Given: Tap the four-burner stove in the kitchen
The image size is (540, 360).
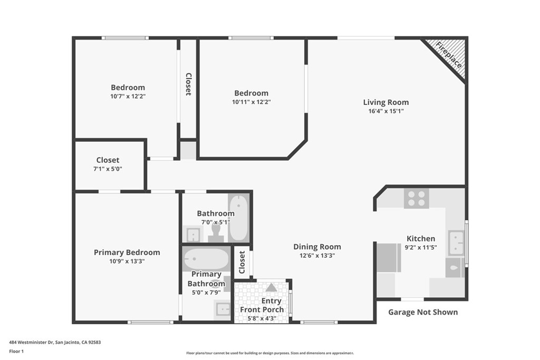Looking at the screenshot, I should click(x=416, y=198).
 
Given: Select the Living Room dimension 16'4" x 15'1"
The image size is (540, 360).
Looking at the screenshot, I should click(x=386, y=111).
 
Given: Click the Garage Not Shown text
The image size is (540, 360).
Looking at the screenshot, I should click(x=423, y=312).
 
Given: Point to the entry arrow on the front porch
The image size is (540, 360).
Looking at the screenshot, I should click(x=271, y=288).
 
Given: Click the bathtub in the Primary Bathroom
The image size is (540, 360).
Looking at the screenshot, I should click(x=206, y=259).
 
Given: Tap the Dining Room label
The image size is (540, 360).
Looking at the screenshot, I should click(x=317, y=247).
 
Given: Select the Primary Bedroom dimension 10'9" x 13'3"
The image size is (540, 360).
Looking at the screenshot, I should click(x=127, y=261).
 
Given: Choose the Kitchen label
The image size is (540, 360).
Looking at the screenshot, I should click(x=420, y=239).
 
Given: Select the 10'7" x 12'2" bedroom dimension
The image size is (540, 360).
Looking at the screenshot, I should click(x=128, y=96).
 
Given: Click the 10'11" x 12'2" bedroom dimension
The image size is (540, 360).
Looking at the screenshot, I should click(x=251, y=102).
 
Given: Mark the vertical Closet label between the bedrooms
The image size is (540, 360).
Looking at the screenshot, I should click(x=188, y=84).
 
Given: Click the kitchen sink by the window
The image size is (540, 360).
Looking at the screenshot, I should click(x=456, y=242).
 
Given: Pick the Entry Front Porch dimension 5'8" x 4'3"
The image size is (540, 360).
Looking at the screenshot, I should click(x=262, y=318).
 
